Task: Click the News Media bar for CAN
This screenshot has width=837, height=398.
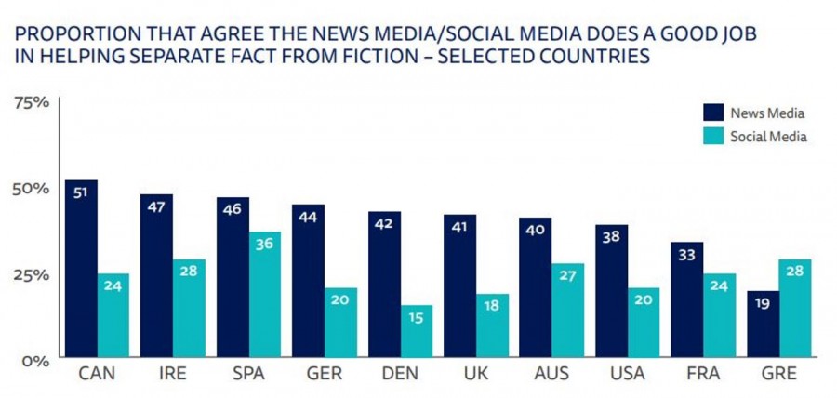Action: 81,268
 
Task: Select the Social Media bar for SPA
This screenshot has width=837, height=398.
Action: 264,294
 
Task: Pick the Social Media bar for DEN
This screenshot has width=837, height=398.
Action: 416,330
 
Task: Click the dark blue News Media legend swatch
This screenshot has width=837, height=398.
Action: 713,113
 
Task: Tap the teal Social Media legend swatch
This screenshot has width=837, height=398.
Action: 713,137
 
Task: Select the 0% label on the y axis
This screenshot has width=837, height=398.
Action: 34,361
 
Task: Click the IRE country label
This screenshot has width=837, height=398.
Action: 172,377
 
